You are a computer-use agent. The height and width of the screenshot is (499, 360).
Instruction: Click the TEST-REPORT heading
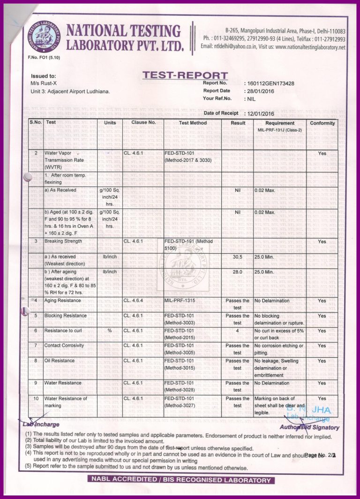click(185, 76)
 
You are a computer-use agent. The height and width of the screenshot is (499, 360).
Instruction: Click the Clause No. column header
click(143, 123)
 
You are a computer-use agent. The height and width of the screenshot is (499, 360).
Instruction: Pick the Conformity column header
click(322, 123)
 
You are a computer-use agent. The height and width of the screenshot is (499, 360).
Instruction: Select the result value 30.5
click(237, 257)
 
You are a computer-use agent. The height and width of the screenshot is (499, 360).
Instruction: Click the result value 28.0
click(237, 272)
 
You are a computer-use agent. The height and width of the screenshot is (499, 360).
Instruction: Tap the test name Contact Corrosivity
click(64, 346)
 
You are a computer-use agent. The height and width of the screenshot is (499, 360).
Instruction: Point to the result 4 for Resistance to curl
click(238, 331)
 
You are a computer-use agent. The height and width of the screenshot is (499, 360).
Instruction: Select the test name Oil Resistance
click(59, 361)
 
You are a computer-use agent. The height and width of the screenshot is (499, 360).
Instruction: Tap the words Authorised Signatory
click(309, 427)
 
